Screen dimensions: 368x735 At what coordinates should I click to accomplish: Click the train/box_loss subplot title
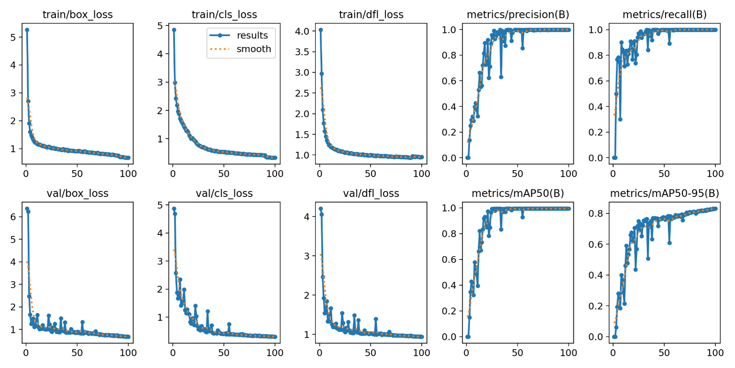pos(77,15)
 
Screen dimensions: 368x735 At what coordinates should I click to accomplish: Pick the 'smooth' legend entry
pos(255,49)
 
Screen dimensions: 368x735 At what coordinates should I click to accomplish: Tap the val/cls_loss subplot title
pos(224,193)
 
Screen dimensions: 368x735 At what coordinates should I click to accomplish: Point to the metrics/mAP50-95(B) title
pos(664,193)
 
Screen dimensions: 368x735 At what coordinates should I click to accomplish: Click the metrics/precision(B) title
pos(518,15)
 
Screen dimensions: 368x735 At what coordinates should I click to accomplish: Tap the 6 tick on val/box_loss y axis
pos(14,217)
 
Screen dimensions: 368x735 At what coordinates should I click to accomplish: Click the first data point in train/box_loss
pos(27,30)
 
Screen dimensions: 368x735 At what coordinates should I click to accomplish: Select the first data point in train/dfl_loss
pos(321,30)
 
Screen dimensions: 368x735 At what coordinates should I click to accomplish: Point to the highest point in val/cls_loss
pos(174,209)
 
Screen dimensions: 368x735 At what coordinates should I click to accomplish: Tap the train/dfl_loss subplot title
pos(371,15)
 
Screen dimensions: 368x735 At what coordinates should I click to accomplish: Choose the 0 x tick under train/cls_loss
pos(172,173)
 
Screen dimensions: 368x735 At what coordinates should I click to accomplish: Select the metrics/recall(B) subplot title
pos(664,15)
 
